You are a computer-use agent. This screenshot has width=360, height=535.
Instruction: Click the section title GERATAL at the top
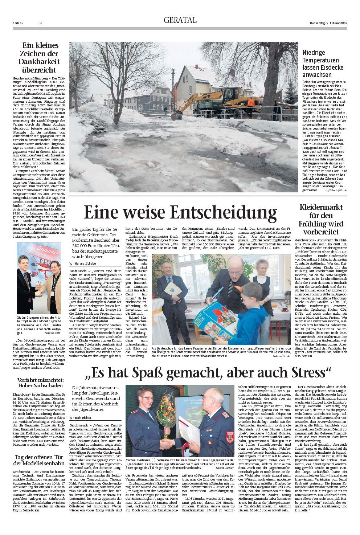[x=180, y=20]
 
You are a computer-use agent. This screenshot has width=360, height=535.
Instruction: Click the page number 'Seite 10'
[x=18, y=23]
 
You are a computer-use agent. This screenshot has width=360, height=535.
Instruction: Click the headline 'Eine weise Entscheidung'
[x=180, y=212]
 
